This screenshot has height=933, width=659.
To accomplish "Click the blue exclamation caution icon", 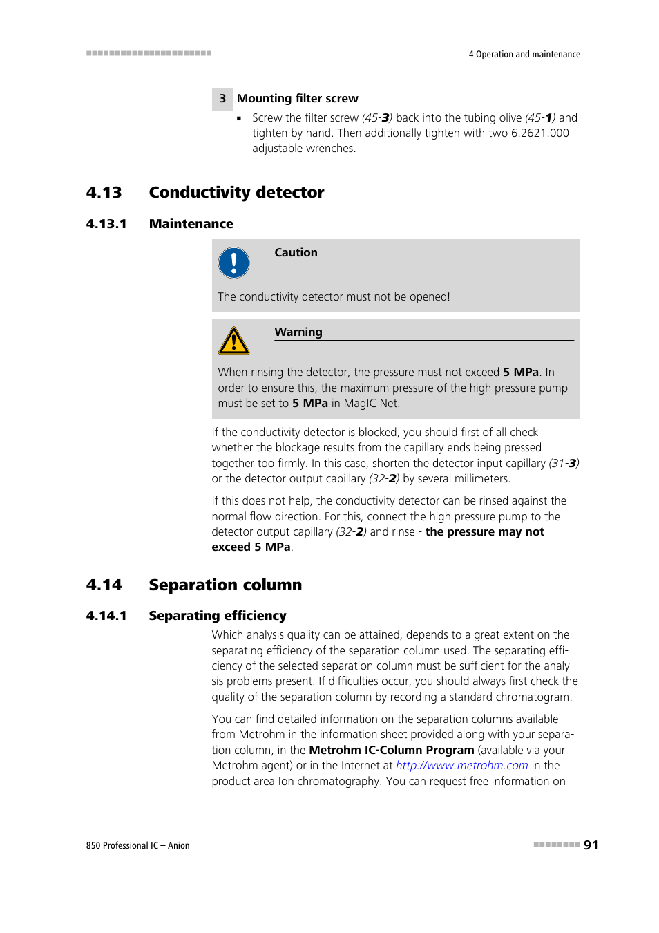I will [x=233, y=263].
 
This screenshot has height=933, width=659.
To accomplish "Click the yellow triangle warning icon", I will [x=233, y=341].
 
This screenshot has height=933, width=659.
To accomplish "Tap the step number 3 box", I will [x=222, y=99].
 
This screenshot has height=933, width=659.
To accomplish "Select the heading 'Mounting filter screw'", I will [x=297, y=99].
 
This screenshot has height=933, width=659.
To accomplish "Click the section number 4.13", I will [x=104, y=193].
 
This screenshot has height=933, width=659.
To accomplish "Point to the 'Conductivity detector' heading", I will [x=236, y=193].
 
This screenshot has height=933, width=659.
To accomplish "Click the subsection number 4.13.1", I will [x=106, y=224].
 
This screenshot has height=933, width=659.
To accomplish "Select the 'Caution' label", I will [x=296, y=253].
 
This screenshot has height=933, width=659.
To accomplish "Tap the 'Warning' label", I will [x=298, y=332].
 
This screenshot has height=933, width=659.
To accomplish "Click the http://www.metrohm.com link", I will [x=461, y=766].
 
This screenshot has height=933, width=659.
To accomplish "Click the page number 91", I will [x=591, y=845].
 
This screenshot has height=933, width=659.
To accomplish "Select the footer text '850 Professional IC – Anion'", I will [x=137, y=846].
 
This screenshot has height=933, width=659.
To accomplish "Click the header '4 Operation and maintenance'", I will [x=524, y=55].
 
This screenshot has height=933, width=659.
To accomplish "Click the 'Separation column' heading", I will [x=225, y=585].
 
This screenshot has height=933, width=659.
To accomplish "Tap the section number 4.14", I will [x=104, y=585].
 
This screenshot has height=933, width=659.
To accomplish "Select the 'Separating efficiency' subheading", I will [x=217, y=616].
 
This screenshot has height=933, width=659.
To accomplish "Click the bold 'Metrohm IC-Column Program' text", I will [x=391, y=751].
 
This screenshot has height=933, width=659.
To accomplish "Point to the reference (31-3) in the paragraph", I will [x=564, y=464].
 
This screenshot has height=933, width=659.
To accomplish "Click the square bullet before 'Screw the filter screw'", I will [x=239, y=119].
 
